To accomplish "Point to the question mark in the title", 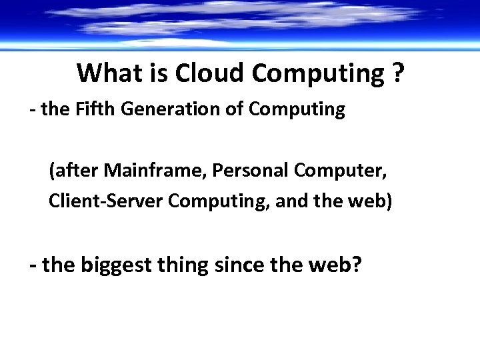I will (398, 73).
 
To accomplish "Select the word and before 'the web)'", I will (289, 200).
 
